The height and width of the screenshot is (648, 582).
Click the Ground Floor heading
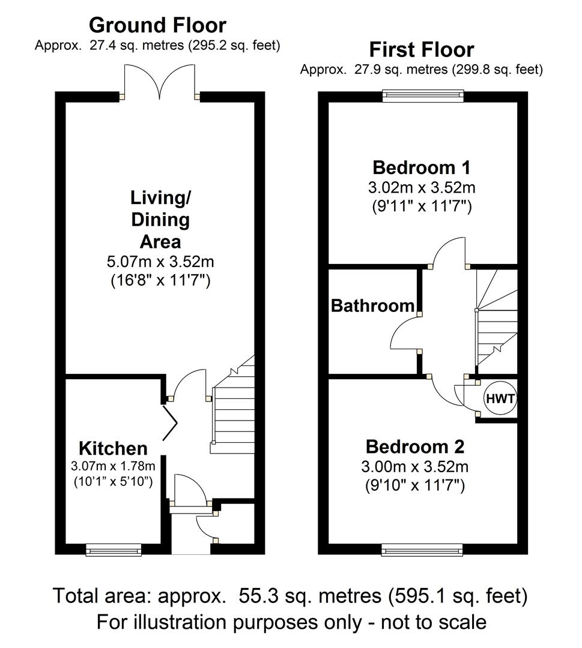pyautogui.click(x=157, y=25)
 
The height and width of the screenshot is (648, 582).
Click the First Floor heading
pyautogui.click(x=422, y=50)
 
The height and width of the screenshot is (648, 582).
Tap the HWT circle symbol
pyautogui.click(x=500, y=398)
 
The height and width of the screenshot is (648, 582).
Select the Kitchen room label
pyautogui.click(x=113, y=448)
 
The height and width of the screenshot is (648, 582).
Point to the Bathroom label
pyautogui.click(x=373, y=306)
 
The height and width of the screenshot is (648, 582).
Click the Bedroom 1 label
pyautogui.click(x=422, y=168)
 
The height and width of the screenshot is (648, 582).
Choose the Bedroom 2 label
pyautogui.click(x=415, y=447)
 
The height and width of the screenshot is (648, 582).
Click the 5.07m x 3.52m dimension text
pyautogui.click(x=160, y=262)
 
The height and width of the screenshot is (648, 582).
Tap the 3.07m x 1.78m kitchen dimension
pyautogui.click(x=113, y=466)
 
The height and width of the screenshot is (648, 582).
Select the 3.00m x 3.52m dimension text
pyautogui.click(x=415, y=467)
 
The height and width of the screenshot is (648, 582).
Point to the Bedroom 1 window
pyautogui.click(x=423, y=96)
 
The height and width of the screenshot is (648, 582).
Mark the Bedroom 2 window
pyautogui.click(x=422, y=549)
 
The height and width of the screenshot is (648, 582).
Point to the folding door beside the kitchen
pyautogui.click(x=171, y=423)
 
